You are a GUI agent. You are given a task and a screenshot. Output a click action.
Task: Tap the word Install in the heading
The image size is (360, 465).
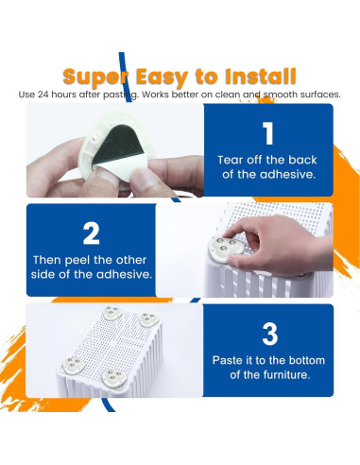click(261, 77)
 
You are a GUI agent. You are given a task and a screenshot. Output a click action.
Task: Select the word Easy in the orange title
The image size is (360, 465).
click(162, 77)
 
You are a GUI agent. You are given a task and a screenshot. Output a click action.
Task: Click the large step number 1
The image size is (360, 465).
click(268, 133)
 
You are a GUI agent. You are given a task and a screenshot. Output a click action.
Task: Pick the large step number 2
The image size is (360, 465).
click(91, 233)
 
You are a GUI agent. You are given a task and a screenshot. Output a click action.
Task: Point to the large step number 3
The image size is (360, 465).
click(270, 334)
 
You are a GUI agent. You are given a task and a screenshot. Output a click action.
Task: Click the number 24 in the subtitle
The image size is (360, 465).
click(43, 95)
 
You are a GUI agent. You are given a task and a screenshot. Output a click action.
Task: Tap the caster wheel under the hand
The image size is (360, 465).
click(226, 250)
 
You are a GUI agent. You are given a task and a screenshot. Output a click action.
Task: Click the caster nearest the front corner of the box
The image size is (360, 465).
click(113, 378)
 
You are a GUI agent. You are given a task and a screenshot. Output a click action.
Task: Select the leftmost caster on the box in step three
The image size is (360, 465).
click(73, 366)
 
